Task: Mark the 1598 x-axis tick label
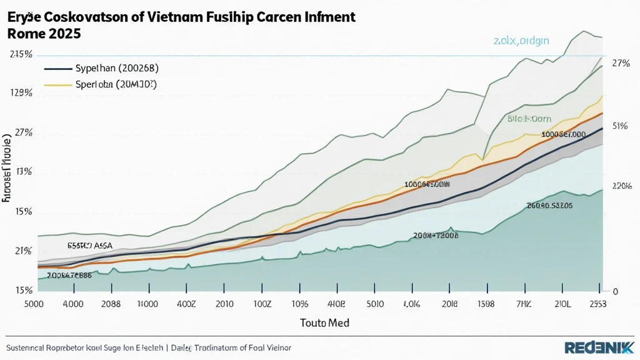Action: [x=486, y=305]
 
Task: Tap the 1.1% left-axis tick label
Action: [x=24, y=172]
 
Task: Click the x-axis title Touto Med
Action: [x=324, y=323]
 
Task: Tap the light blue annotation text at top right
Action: [x=521, y=41]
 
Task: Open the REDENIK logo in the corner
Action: [x=598, y=347]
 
